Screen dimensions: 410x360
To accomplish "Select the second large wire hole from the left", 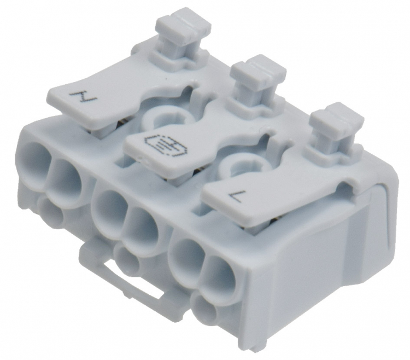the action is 65,177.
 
